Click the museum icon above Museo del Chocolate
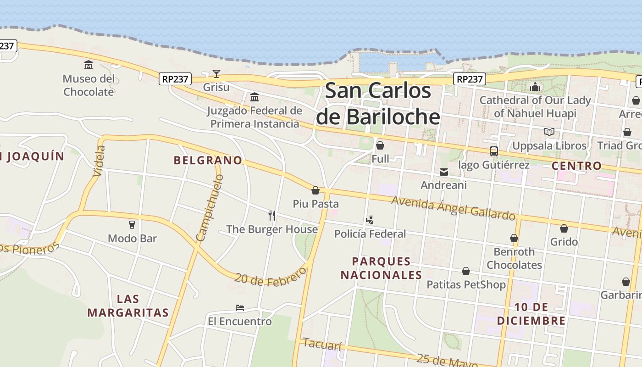[x=89, y=65]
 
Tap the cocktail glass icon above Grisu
[x=216, y=73]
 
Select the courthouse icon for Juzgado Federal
[x=255, y=97]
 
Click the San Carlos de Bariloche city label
[x=378, y=104]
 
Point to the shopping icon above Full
[x=380, y=145]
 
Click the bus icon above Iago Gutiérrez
[x=494, y=151]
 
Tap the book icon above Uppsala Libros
[x=549, y=132]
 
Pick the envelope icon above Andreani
[x=444, y=172]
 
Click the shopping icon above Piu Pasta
[x=315, y=190]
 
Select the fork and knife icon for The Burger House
[x=272, y=216]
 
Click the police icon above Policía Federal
[x=370, y=220]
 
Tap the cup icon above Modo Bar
[x=132, y=225]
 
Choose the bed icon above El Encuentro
[x=240, y=308]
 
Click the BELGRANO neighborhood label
[x=208, y=160]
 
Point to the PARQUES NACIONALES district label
[x=381, y=268]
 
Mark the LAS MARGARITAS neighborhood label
[x=128, y=306]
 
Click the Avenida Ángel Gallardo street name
[x=453, y=208]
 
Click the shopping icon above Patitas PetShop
[x=466, y=271]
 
